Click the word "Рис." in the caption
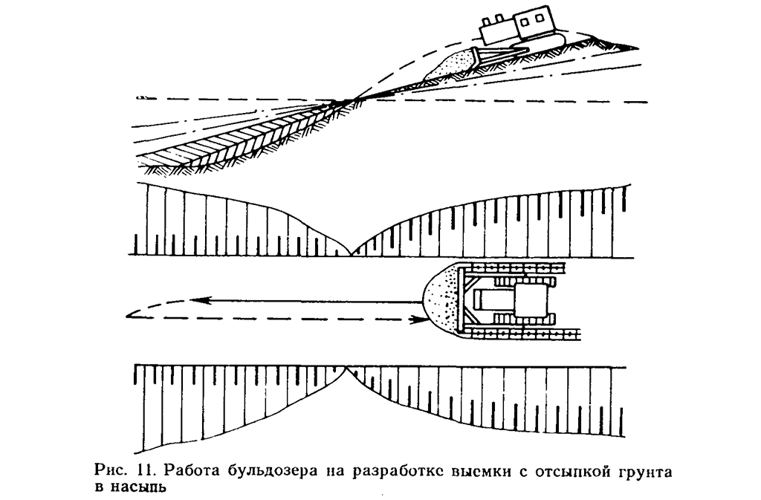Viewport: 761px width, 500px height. pyautogui.click(x=111, y=470)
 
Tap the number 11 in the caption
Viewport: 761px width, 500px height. pyautogui.click(x=143, y=470)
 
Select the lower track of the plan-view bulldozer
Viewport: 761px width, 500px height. pyautogui.click(x=520, y=334)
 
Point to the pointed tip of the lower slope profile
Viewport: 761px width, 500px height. pyautogui.click(x=346, y=368)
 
